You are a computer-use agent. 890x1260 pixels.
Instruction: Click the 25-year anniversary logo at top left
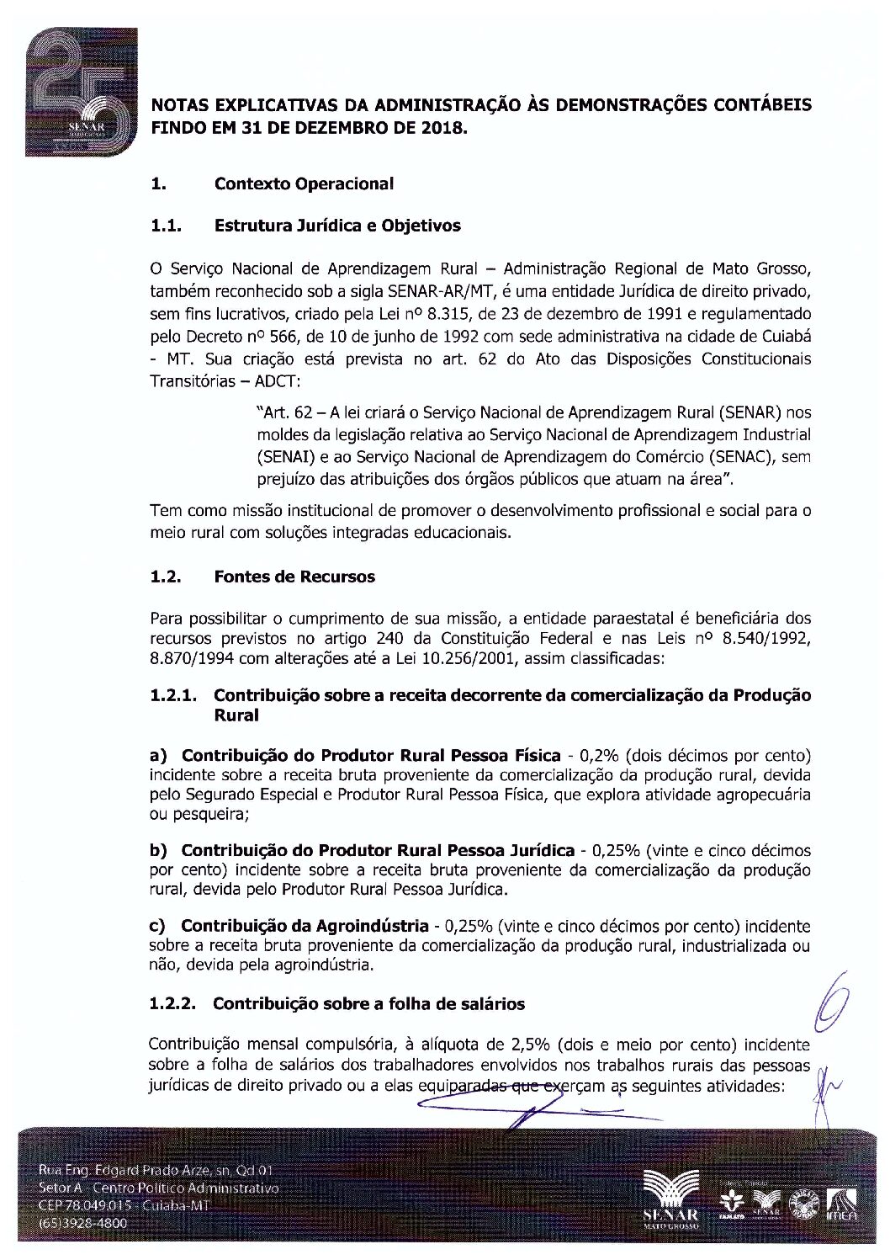[81, 93]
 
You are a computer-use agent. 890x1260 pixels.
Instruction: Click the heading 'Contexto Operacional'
[304, 183]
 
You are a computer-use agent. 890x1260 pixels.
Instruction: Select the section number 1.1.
[167, 226]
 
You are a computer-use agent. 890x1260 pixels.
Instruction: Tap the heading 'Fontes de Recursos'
[294, 577]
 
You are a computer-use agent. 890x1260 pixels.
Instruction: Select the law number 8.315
[448, 314]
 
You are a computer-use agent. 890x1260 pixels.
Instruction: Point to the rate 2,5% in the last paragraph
[529, 1045]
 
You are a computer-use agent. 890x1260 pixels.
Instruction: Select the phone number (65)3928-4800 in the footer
[83, 1222]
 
